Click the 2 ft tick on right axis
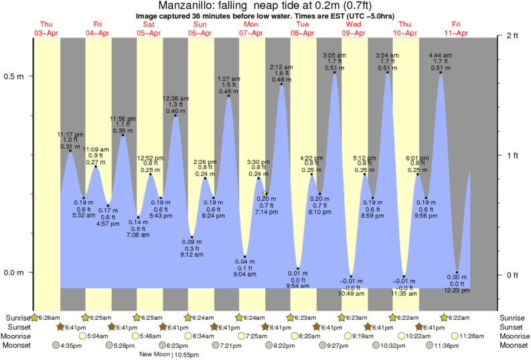click(514, 35)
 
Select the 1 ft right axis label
click(514, 155)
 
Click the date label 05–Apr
click(149, 33)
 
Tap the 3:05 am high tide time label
click(333, 55)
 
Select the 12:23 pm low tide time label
click(458, 290)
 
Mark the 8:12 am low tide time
click(192, 254)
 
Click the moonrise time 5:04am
click(98, 336)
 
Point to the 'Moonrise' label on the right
click(514, 336)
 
